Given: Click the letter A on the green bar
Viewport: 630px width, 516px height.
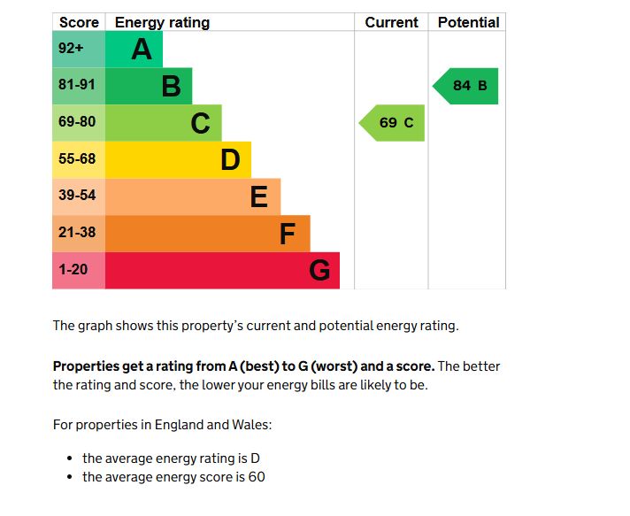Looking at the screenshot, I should click(x=142, y=50).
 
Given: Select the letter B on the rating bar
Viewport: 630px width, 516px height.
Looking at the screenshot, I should click(x=171, y=87).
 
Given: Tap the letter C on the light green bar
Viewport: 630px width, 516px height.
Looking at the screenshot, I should click(x=201, y=123).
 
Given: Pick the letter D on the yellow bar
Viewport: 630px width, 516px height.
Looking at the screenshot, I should click(x=230, y=160).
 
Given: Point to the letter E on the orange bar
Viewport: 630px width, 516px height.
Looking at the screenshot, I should click(x=259, y=196).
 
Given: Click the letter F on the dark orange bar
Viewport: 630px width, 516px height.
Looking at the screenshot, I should click(x=288, y=234).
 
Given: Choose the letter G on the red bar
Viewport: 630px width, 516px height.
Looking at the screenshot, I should click(x=319, y=271).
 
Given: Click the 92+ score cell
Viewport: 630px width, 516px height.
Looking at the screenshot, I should click(x=71, y=50).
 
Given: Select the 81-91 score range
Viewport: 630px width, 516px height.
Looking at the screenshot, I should click(x=77, y=86).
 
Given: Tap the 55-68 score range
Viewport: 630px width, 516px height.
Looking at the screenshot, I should click(x=77, y=159).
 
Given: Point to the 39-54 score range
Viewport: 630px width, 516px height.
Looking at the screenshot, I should click(x=77, y=196).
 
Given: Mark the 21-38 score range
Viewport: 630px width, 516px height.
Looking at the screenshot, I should click(x=77, y=233).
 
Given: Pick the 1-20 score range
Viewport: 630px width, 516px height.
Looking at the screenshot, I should click(x=73, y=270).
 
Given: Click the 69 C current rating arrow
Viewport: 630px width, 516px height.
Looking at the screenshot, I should click(x=394, y=123).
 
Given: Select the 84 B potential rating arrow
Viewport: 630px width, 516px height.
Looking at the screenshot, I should click(x=467, y=86).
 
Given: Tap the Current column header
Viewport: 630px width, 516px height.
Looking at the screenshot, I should click(x=391, y=22).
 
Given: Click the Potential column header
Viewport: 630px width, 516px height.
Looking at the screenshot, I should click(x=468, y=22).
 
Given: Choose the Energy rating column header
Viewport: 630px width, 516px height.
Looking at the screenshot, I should click(x=163, y=22).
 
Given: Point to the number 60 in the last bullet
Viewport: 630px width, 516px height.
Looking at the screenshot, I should click(x=257, y=477).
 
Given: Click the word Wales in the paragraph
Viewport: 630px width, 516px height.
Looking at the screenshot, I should click(x=252, y=425).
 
